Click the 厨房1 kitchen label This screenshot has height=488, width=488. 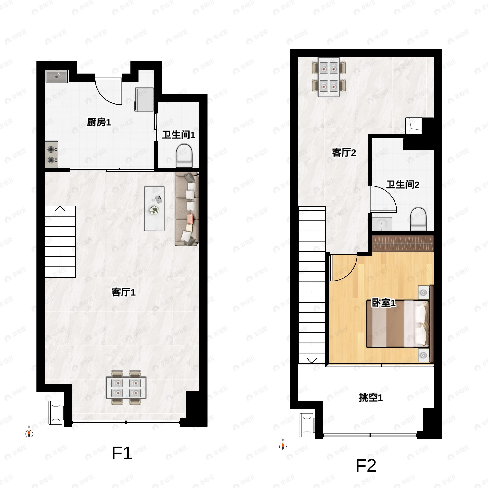pyautogui.click(x=99, y=122)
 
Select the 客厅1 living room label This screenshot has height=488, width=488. pyautogui.click(x=123, y=292)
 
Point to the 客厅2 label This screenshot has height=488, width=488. pyautogui.click(x=344, y=152)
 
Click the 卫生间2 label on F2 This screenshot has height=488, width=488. pyautogui.click(x=403, y=185)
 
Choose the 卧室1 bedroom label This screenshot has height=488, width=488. pyautogui.click(x=383, y=303)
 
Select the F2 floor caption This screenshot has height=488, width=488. pyautogui.click(x=366, y=465)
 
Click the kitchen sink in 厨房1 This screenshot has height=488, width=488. pyautogui.click(x=57, y=76)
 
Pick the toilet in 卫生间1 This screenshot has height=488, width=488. pyautogui.click(x=184, y=156)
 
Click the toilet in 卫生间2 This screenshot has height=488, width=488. pyautogui.click(x=418, y=219)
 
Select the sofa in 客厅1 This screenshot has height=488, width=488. pyautogui.click(x=187, y=209)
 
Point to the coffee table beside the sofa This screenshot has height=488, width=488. pyautogui.click(x=154, y=209)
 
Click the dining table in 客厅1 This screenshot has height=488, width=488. pyautogui.click(x=126, y=388)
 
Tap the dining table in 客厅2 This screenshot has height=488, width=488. pyautogui.click(x=329, y=77)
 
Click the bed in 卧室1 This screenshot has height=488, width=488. pyautogui.click(x=398, y=324)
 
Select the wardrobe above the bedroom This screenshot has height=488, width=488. pyautogui.click(x=403, y=244)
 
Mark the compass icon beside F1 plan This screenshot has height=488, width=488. pyautogui.click(x=29, y=434)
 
